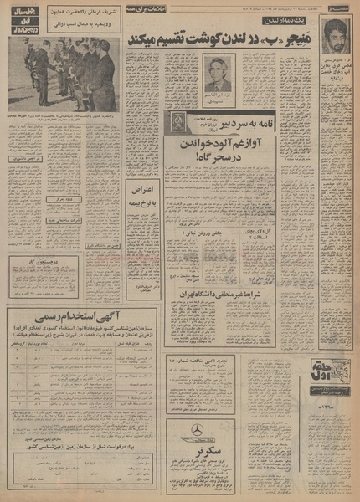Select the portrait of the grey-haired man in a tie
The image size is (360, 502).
[219, 76]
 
